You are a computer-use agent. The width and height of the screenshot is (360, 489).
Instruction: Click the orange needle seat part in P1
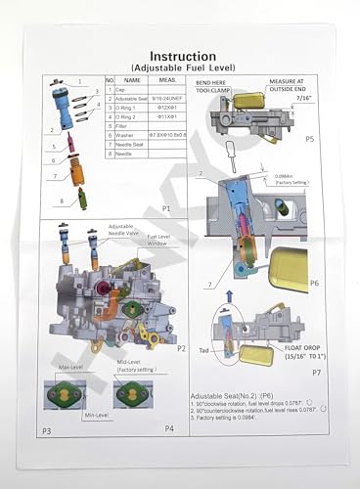tap(74, 156)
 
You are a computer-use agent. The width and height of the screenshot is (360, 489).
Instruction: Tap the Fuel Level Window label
tap(163, 241)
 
